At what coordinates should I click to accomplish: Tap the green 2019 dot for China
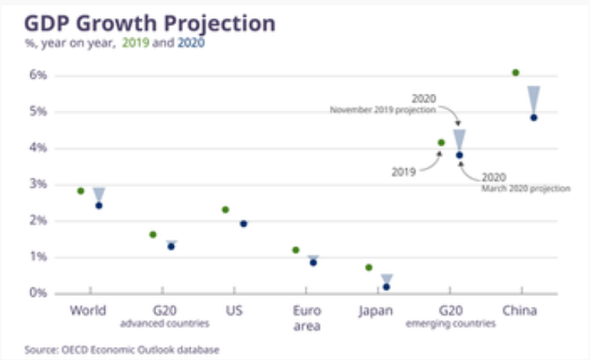coord(516,72)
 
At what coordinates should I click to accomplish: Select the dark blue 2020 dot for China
coord(534,117)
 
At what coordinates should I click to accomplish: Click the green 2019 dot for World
coord(81,191)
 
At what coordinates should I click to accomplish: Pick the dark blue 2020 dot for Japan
coord(386,287)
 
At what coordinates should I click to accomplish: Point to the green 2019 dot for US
coord(226,210)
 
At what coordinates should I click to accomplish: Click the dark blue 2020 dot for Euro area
coord(313,262)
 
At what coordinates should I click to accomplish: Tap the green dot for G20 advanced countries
coord(153,235)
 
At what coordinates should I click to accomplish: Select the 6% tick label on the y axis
coord(38,76)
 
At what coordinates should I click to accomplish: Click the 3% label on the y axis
coord(38,185)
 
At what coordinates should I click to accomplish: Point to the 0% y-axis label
coord(38,293)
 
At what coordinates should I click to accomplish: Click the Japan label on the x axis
coord(376,311)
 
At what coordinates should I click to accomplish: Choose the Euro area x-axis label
coord(306,318)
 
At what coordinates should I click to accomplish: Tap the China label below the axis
coord(521,311)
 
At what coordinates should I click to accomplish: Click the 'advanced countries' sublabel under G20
coord(165,324)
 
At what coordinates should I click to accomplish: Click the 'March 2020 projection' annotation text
coord(525,188)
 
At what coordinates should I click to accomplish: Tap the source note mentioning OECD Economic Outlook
coord(122,349)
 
